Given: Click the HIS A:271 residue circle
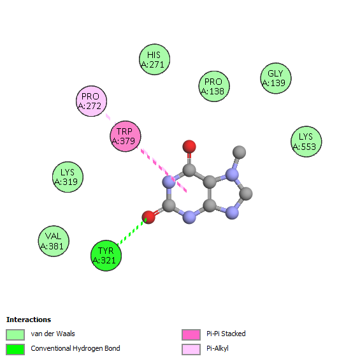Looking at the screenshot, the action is (x=155, y=59).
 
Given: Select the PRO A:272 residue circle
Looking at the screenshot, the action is (x=92, y=101).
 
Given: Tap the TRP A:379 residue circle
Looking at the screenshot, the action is (x=126, y=136).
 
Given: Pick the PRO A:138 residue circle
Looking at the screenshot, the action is (x=214, y=86).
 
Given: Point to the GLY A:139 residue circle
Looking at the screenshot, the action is (x=276, y=78).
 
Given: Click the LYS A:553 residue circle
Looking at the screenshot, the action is (x=306, y=142).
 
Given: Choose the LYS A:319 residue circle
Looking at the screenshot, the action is (x=68, y=177).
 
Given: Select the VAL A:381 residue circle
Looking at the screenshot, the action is (x=54, y=241).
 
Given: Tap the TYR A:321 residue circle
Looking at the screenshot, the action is (x=106, y=256).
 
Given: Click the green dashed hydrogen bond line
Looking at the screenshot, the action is (x=132, y=232).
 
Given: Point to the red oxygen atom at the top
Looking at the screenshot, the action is (x=189, y=147).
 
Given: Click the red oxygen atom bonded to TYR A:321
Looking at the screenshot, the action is (x=148, y=217).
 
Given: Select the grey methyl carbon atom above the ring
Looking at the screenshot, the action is (x=239, y=152).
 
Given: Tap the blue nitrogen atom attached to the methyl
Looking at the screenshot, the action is (x=232, y=175).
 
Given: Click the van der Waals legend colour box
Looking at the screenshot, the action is (x=15, y=335).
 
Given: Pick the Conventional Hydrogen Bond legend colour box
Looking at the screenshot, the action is (x=15, y=350).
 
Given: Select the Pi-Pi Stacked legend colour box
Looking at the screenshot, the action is (x=191, y=335).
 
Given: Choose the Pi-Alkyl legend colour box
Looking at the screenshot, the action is (x=191, y=350).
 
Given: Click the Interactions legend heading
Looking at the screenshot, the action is (x=29, y=320).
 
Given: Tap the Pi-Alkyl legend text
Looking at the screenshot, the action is (x=218, y=348).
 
